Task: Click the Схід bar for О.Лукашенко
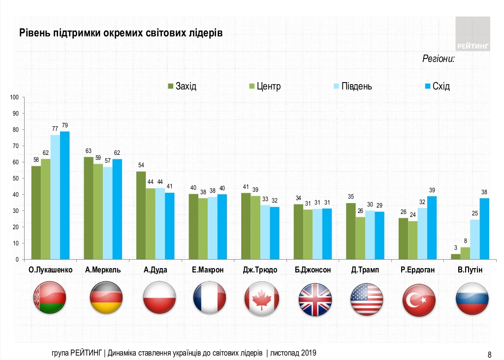tap(64, 195)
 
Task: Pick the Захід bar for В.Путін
tap(456, 257)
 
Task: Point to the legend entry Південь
tap(352, 87)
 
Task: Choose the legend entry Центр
tap(266, 87)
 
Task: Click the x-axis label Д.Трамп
tap(366, 270)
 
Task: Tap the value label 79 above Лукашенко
tap(64, 126)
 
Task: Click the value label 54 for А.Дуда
tap(141, 166)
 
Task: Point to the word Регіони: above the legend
tap(438, 59)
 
